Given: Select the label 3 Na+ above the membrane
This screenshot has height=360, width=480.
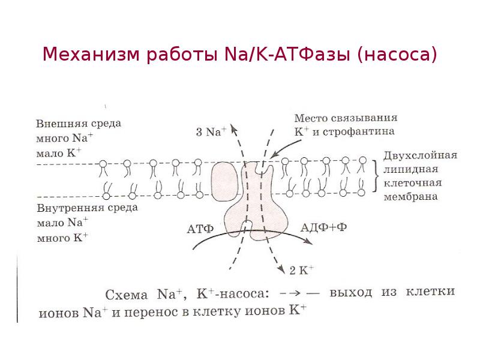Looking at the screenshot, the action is [211, 132].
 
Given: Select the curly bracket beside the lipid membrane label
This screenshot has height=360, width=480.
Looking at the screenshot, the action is [376, 175].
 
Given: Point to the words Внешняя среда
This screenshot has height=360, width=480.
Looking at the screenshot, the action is [79, 124].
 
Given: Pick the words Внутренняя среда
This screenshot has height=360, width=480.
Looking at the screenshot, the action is [87, 208].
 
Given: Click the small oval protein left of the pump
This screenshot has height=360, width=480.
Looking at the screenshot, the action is [225, 181].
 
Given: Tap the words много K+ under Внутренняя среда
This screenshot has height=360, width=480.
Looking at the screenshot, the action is [62, 236].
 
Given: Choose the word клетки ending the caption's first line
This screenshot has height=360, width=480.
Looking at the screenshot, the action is [431, 292].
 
